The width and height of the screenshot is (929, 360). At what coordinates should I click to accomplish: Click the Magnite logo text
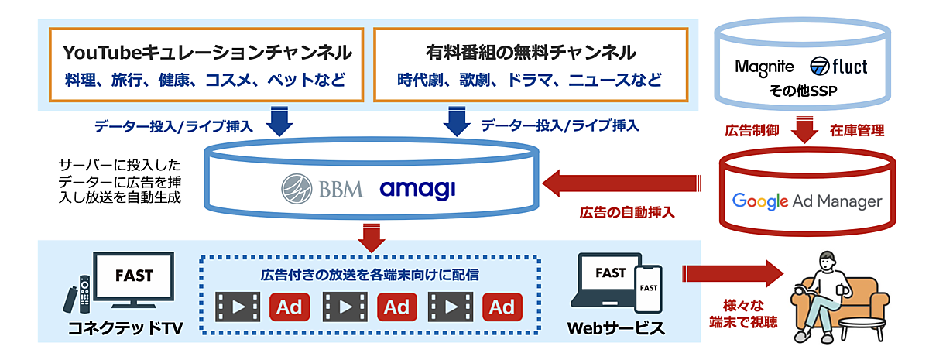pos(765,67)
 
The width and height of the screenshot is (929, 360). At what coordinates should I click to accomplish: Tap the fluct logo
pos(838,67)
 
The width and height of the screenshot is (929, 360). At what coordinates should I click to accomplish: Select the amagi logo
pos(417,188)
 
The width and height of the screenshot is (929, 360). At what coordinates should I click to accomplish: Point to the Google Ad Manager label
pos(807,201)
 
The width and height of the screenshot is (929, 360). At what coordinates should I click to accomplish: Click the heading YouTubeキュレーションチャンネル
pos(207,53)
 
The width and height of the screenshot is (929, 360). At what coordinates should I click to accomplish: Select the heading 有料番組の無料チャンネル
pos(531,53)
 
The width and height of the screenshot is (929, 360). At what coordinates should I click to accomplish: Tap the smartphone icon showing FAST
pos(648,288)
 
